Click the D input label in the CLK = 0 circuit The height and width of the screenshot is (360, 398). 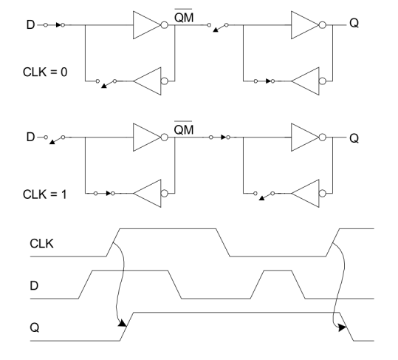pyautogui.click(x=30, y=24)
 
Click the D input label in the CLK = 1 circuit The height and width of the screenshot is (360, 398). pyautogui.click(x=30, y=137)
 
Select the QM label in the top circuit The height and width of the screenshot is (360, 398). pyautogui.click(x=184, y=17)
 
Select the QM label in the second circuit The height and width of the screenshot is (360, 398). pyautogui.click(x=184, y=129)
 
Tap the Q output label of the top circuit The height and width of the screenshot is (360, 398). pyautogui.click(x=354, y=23)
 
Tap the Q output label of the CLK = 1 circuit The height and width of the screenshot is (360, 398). pyautogui.click(x=354, y=138)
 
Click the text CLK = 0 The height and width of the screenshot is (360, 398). pyautogui.click(x=45, y=72)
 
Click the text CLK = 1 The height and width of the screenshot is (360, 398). pyautogui.click(x=44, y=194)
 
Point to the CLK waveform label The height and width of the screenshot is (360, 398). pyautogui.click(x=41, y=243)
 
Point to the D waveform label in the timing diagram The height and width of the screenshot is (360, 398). pyautogui.click(x=34, y=286)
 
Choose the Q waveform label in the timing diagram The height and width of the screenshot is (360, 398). pyautogui.click(x=35, y=327)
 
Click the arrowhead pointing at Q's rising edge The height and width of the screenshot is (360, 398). pyautogui.click(x=123, y=323)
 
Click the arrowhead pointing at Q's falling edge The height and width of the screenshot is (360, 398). pyautogui.click(x=342, y=327)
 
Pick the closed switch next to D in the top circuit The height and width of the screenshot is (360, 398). pyautogui.click(x=54, y=25)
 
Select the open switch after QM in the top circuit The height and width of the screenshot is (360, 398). pyautogui.click(x=218, y=27)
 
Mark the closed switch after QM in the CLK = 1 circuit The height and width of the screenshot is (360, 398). pyautogui.click(x=219, y=137)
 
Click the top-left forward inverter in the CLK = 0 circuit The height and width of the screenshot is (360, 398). pyautogui.click(x=151, y=25)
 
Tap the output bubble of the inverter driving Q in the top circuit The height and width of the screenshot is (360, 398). pyautogui.click(x=323, y=25)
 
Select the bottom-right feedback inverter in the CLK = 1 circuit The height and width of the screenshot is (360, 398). pyautogui.click(x=309, y=194)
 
